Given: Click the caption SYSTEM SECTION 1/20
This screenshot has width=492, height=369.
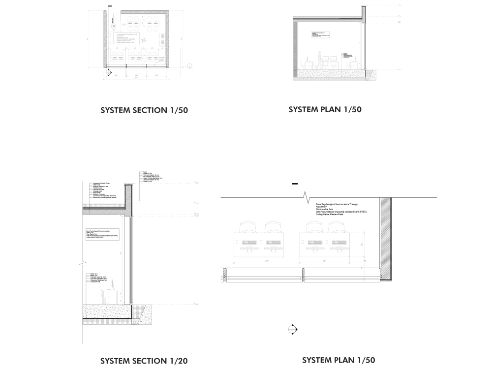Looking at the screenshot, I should pos(144,361).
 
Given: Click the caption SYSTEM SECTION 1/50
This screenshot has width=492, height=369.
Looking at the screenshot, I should pos(144,110).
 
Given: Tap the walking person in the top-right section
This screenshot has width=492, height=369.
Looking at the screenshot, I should pos(318,59).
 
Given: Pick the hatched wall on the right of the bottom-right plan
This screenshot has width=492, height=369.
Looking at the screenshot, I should pos(386,241).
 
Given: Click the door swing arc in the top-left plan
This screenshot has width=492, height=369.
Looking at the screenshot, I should pos(158,61).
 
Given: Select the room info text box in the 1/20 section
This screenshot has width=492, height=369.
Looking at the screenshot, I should pos(102,234).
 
